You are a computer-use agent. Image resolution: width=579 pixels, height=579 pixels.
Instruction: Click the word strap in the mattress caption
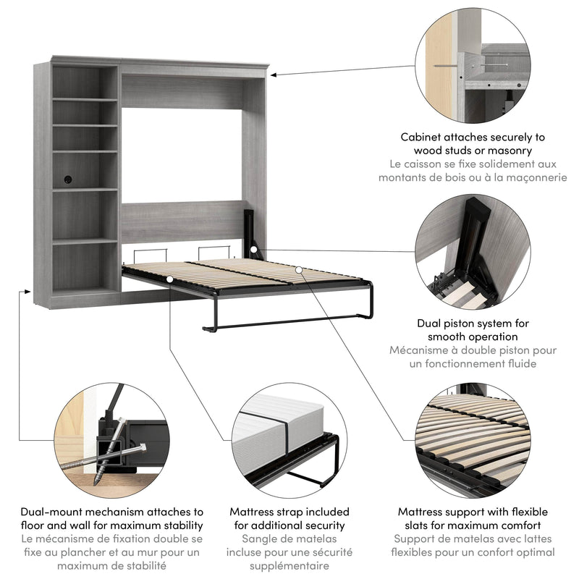(294, 512)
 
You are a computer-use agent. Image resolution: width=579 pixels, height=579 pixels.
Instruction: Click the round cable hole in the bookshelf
(68, 178)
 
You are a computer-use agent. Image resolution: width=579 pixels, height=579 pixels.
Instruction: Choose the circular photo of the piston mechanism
(474, 252)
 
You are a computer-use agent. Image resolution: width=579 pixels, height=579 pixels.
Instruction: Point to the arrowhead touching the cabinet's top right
(274, 74)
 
